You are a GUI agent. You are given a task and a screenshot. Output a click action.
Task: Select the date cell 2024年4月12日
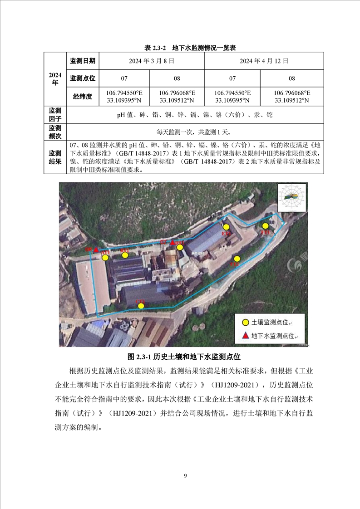click(264, 60)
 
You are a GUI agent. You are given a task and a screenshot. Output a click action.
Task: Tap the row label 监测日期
click(82, 60)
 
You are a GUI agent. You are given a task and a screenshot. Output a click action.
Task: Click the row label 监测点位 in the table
click(82, 78)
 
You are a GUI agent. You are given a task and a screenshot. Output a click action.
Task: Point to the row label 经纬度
click(82, 96)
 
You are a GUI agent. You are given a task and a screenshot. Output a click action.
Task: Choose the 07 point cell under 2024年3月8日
click(124, 78)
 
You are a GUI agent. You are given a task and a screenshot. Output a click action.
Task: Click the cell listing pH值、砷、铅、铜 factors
click(195, 115)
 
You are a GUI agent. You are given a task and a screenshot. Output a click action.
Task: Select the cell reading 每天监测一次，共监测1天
click(195, 132)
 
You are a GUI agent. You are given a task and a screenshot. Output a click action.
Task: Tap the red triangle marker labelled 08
click(96, 250)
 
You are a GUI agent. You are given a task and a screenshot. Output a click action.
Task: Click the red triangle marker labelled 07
click(172, 243)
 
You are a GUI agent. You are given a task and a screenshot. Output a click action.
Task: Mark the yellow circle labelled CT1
click(141, 306)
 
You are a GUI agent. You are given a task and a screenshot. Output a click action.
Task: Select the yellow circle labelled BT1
click(125, 255)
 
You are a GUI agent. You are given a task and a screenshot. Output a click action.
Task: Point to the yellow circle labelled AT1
click(105, 258)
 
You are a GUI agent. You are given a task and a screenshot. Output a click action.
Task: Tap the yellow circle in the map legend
click(245, 322)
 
